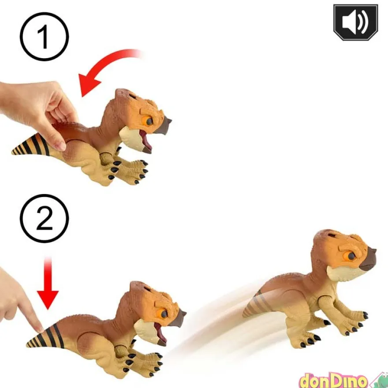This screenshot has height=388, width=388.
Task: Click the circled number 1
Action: pyautogui.click(x=44, y=37)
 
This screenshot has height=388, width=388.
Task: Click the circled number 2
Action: pyautogui.click(x=44, y=218)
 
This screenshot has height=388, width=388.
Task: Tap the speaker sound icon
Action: pyautogui.click(x=355, y=22)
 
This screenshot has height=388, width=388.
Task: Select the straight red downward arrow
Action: pyautogui.click(x=48, y=284)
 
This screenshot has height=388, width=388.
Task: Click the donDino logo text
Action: pyautogui.click(x=333, y=381)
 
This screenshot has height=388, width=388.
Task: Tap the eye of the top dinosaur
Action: pyautogui.click(x=148, y=121)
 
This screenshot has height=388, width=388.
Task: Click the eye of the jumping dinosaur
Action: pyautogui.click(x=350, y=256)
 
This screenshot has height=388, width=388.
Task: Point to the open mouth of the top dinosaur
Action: pyautogui.click(x=146, y=141)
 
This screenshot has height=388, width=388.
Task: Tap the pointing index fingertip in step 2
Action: pyautogui.click(x=39, y=328)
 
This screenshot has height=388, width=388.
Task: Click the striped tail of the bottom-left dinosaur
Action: pyautogui.click(x=46, y=337)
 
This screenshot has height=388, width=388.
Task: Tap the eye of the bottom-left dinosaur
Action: pyautogui.click(x=162, y=314)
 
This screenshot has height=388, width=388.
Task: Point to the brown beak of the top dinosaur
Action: pyautogui.click(x=163, y=125)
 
